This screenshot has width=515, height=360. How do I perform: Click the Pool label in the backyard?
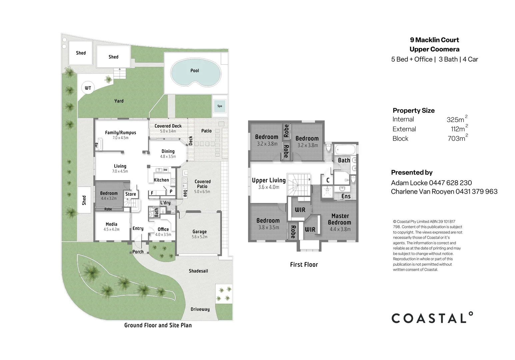(x=195, y=71)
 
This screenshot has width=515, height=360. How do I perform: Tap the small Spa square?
(x=220, y=106)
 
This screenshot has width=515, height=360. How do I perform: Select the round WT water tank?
(x=88, y=88)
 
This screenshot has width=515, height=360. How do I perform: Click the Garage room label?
(x=199, y=232)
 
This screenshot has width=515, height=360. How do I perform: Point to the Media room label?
(x=111, y=224)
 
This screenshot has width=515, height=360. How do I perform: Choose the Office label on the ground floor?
(x=163, y=229)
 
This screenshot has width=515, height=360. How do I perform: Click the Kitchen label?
(x=161, y=180)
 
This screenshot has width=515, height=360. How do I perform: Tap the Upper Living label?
(x=269, y=180)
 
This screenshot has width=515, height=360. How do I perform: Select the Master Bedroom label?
(x=340, y=219)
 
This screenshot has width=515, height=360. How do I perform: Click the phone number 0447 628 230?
(x=450, y=183)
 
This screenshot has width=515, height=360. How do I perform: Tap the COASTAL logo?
(x=432, y=318)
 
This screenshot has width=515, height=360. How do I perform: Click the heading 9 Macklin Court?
(x=434, y=40)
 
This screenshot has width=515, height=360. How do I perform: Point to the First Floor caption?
(x=304, y=265)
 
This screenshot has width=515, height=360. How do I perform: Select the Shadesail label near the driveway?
(x=198, y=271)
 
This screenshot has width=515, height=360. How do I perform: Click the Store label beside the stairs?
(x=131, y=194)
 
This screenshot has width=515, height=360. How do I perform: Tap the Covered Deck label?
(x=168, y=126)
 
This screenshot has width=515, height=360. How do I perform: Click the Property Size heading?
(x=413, y=111)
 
